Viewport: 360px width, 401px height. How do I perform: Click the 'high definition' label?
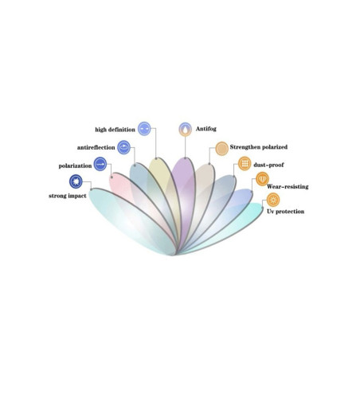[115, 130]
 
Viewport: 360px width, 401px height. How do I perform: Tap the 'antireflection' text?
[96, 147]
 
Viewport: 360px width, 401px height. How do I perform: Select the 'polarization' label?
[75, 165]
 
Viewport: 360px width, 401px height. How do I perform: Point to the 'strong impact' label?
[68, 196]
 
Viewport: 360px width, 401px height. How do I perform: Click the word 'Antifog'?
[206, 129]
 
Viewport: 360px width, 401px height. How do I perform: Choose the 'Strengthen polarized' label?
[259, 147]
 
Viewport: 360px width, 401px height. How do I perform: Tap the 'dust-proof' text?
[268, 165]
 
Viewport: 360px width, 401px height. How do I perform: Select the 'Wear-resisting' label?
[288, 187]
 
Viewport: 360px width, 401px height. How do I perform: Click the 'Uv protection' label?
[286, 212]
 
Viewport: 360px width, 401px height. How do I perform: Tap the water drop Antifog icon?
[185, 130]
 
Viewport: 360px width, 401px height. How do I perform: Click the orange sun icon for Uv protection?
[273, 200]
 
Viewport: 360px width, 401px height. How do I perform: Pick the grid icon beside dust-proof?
[245, 163]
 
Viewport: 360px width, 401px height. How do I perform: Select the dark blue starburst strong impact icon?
[76, 181]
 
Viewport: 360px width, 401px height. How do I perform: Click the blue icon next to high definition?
[144, 129]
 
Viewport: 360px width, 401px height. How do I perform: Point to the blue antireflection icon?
[123, 147]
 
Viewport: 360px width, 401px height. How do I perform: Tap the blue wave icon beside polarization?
[100, 164]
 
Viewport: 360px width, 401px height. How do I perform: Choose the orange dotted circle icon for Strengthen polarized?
[221, 148]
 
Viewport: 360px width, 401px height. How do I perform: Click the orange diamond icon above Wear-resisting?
[262, 179]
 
